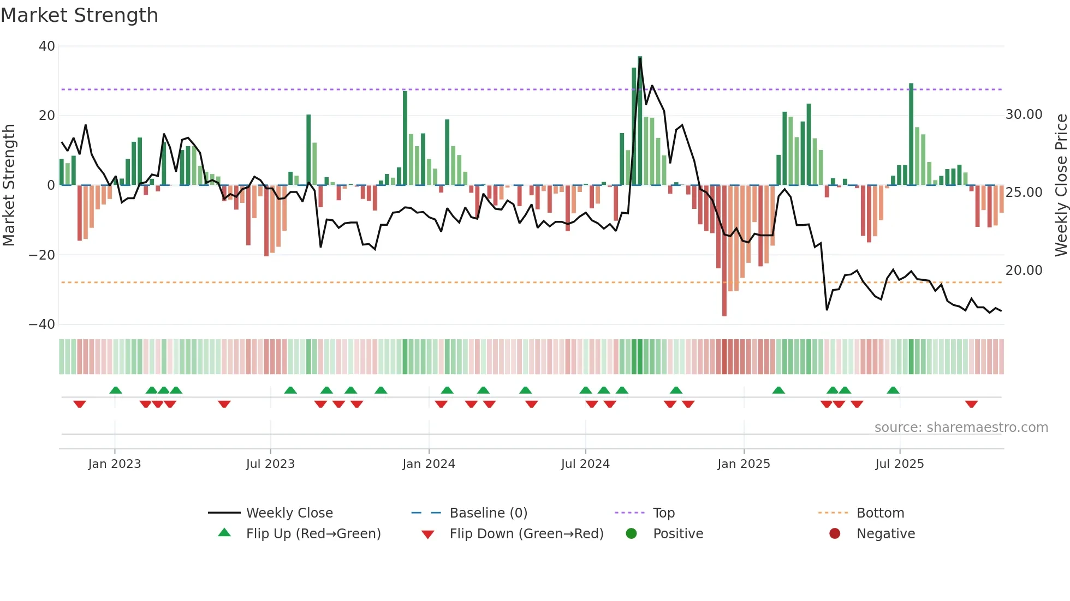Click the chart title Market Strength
coord(79,15)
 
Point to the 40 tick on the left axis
coord(47,46)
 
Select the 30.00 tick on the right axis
coord(1024,115)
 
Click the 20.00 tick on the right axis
coord(1024,271)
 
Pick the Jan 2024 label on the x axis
coord(429,464)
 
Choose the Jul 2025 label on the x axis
coord(899,464)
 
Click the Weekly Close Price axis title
coord(1061,185)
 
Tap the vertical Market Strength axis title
coord(9,185)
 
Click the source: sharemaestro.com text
coord(961,428)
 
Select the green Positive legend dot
coord(632,534)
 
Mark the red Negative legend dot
coord(835,534)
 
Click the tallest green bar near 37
coord(640,120)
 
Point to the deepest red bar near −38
coord(724,251)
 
